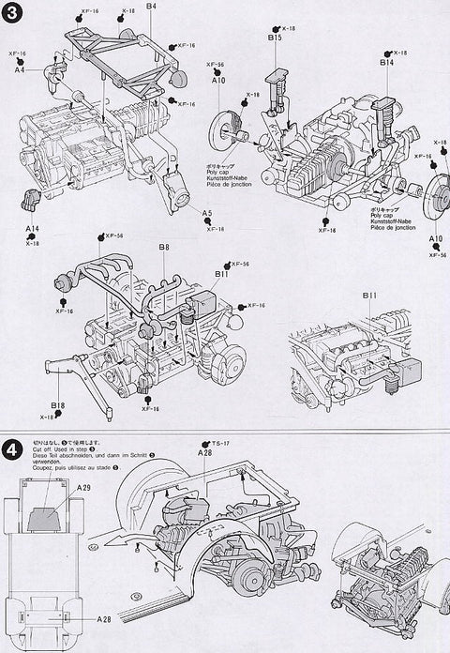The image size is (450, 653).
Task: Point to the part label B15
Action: click(x=275, y=38)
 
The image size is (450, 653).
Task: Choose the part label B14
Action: click(x=387, y=63)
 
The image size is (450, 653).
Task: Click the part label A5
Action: click(x=206, y=213)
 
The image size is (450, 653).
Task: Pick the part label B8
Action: click(x=163, y=248)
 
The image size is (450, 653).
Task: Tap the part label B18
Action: click(x=58, y=405)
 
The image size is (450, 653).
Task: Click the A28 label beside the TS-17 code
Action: click(x=205, y=452)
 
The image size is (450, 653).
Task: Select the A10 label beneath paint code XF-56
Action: click(x=219, y=82)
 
